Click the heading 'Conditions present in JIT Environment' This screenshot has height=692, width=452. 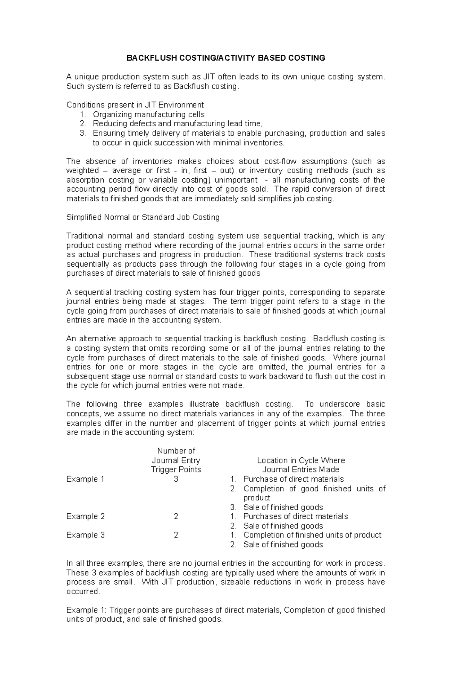tap(135, 105)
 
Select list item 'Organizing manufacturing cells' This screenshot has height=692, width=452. tap(149, 114)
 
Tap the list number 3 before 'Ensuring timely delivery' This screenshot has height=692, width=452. tap(83, 133)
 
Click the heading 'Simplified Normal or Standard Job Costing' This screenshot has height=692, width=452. tap(143, 217)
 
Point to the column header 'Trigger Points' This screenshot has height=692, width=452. tap(176, 470)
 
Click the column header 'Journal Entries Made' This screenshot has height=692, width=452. tap(301, 470)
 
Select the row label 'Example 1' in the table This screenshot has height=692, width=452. tap(85, 479)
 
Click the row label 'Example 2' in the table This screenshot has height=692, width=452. tap(85, 516)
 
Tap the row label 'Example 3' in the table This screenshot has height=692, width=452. tap(85, 535)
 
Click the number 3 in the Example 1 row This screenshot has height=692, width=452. tap(176, 479)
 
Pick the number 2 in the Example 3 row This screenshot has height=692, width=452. tap(176, 535)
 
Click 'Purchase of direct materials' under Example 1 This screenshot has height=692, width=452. tap(293, 479)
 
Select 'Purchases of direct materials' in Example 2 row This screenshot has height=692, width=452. tap(295, 516)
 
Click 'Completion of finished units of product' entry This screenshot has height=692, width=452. tap(312, 535)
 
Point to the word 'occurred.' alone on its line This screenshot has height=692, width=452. tap(84, 591)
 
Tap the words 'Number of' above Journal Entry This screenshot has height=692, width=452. tap(176, 451)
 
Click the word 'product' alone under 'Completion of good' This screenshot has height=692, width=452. tap(257, 498)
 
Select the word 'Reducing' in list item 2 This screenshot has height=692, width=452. tap(108, 124)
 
